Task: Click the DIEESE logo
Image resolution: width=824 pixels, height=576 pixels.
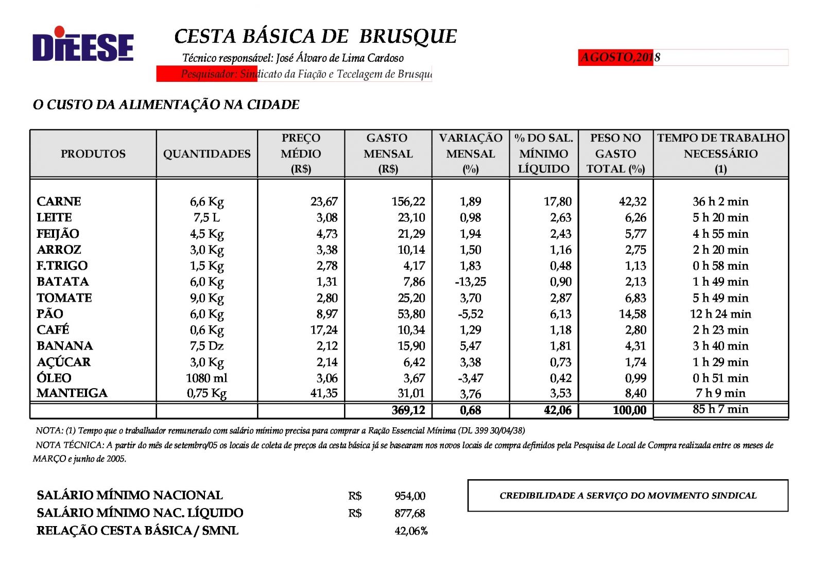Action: pyautogui.click(x=83, y=45)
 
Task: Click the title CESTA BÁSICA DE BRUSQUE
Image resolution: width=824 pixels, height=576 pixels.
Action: pyautogui.click(x=315, y=37)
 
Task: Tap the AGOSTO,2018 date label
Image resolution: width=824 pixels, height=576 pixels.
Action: pyautogui.click(x=620, y=57)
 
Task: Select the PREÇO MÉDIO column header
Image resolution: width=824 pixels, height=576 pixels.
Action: pyautogui.click(x=301, y=153)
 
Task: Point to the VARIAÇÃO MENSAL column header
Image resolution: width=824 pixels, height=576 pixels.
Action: pyautogui.click(x=470, y=153)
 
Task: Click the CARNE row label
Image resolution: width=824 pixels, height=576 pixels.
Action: pyautogui.click(x=59, y=201)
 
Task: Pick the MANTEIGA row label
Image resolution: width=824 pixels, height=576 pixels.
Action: pyautogui.click(x=72, y=393)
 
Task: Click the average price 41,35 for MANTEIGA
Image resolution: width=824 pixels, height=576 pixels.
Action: pyautogui.click(x=323, y=393)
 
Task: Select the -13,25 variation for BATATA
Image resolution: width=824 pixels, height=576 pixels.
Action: pyautogui.click(x=470, y=282)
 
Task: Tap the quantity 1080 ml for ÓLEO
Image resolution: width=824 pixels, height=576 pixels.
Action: pyautogui.click(x=207, y=378)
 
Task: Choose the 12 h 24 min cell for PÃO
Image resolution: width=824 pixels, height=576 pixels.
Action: pyautogui.click(x=720, y=314)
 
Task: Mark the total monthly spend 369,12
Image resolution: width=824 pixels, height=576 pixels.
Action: pyautogui.click(x=408, y=410)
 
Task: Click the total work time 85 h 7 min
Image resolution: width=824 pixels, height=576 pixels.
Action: pyautogui.click(x=720, y=409)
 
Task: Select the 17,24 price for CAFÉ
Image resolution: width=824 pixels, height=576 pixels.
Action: pyautogui.click(x=323, y=330)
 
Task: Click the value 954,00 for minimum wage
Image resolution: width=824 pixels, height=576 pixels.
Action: pyautogui.click(x=410, y=496)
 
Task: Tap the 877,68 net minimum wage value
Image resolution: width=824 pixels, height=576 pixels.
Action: pyautogui.click(x=410, y=513)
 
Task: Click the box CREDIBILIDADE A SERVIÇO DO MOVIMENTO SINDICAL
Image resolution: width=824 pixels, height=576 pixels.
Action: pyautogui.click(x=627, y=495)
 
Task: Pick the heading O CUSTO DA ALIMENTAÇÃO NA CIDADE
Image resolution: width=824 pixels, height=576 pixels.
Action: pyautogui.click(x=166, y=104)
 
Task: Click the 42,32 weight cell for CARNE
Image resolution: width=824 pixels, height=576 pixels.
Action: pyautogui.click(x=632, y=201)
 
